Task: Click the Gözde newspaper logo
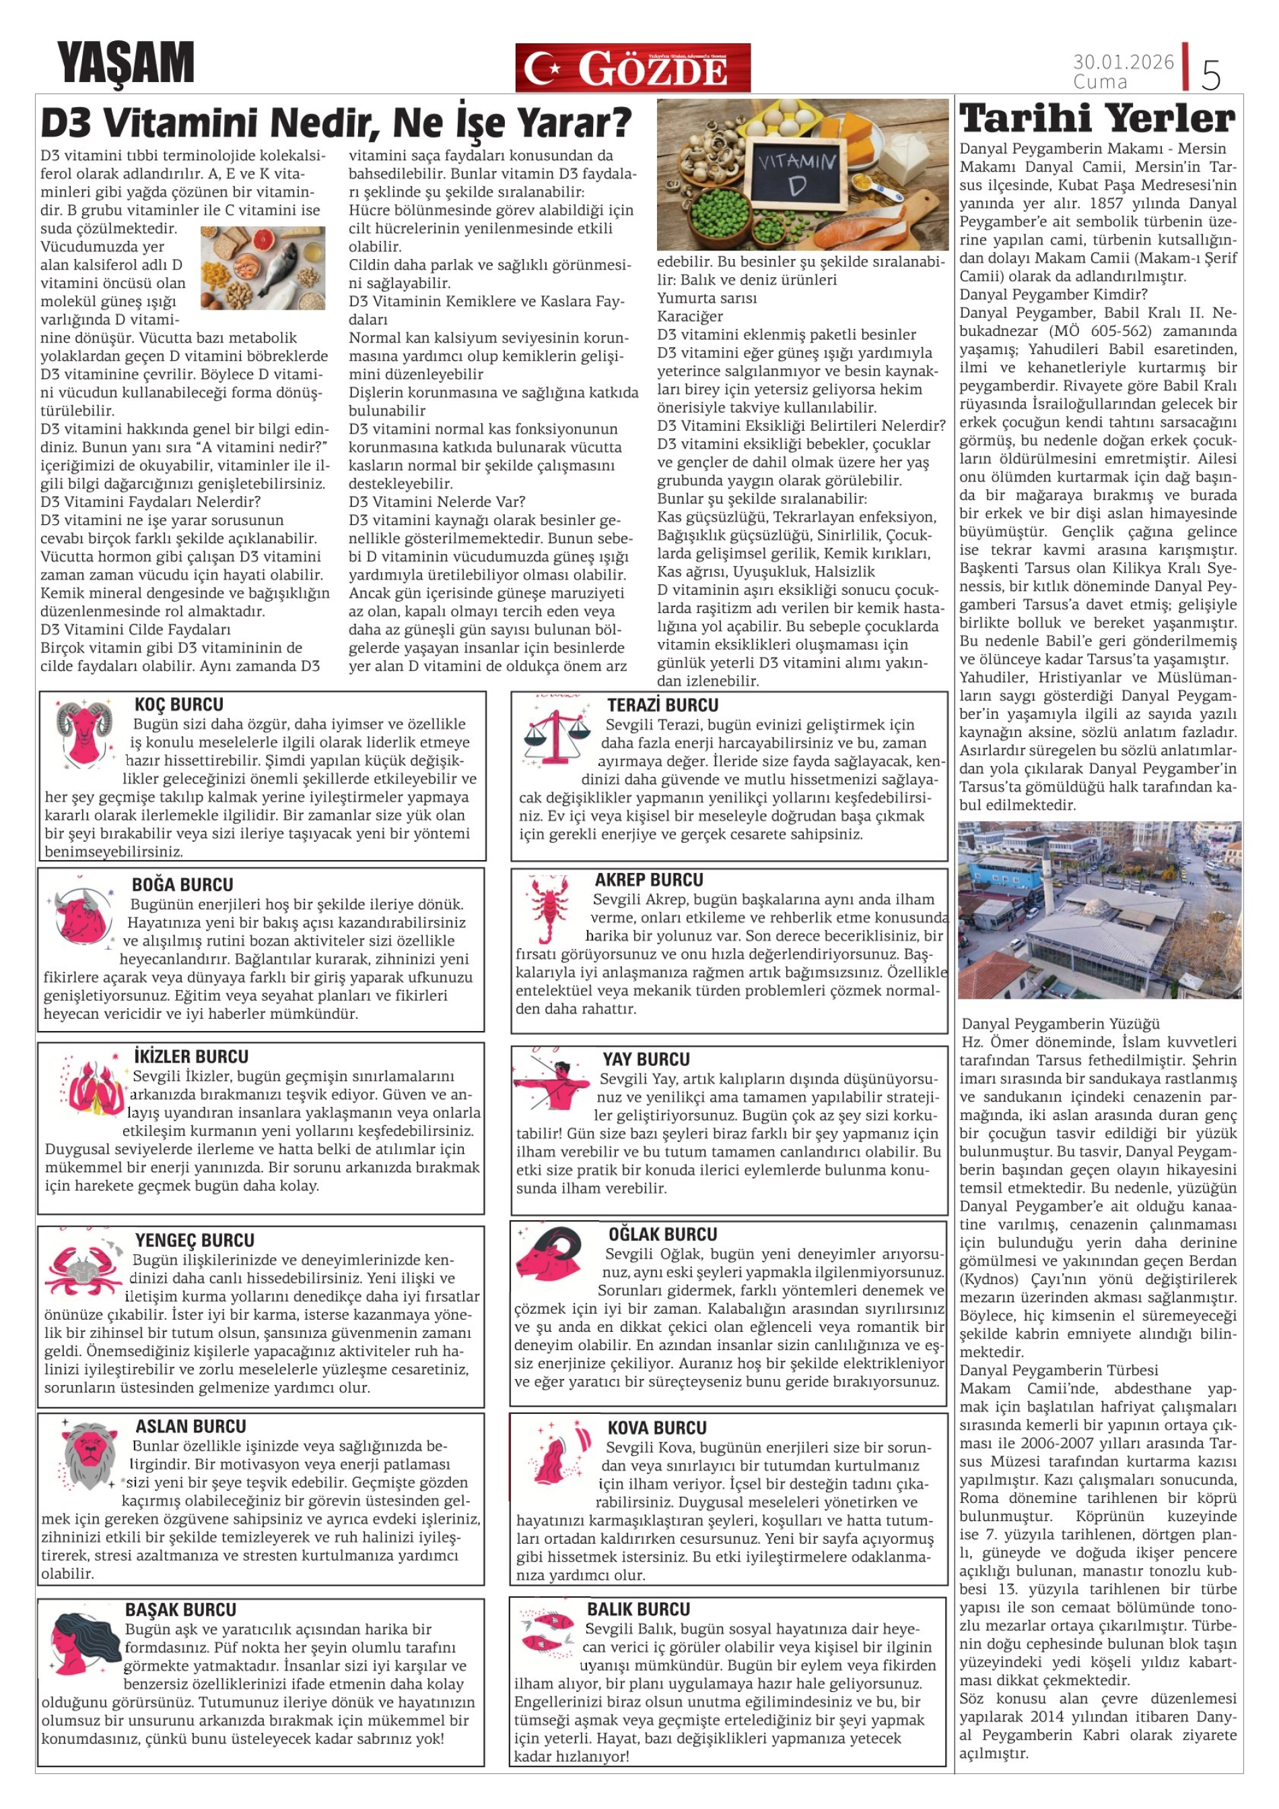[x=632, y=68]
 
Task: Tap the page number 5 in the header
[x=1210, y=74]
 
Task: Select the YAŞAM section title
[x=125, y=63]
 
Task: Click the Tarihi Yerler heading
[x=1097, y=119]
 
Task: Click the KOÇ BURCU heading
[x=179, y=705]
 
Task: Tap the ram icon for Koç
[x=84, y=734]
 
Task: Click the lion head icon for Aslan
[x=88, y=1454]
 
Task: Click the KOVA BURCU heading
[x=656, y=1427]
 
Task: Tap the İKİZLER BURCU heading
[x=191, y=1057]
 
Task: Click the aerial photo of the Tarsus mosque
[x=1099, y=910]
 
